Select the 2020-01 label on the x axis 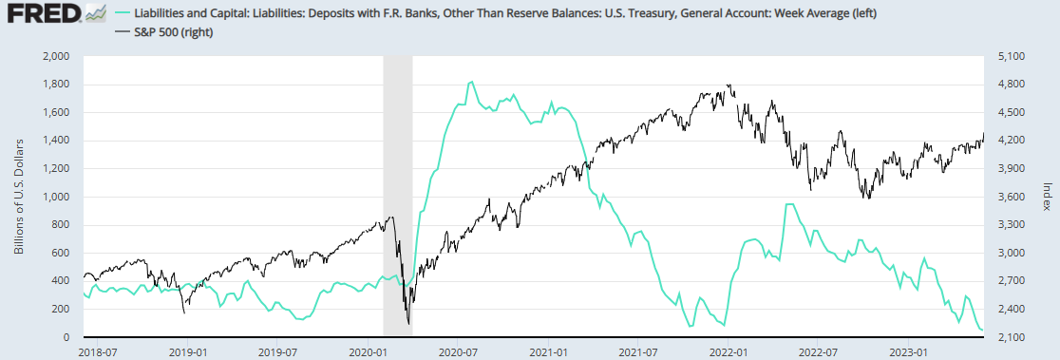367,351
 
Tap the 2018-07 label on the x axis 96,351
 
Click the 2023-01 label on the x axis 909,351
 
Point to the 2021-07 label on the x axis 637,351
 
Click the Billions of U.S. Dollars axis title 19,197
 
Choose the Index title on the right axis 1047,196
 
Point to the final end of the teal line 982,331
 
